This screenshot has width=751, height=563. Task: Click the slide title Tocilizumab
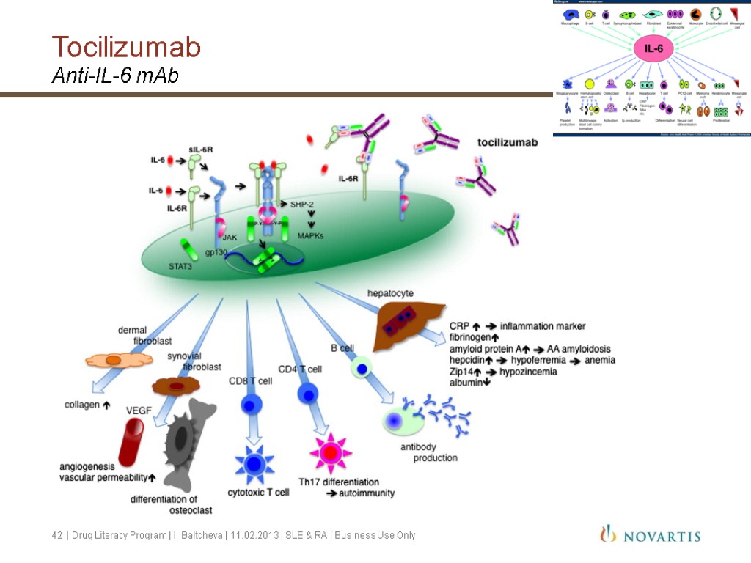coord(126,48)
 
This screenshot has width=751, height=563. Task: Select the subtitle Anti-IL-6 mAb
coord(115,76)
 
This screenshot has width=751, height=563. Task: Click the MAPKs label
coord(311,235)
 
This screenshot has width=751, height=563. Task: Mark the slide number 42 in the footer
coord(56,536)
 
